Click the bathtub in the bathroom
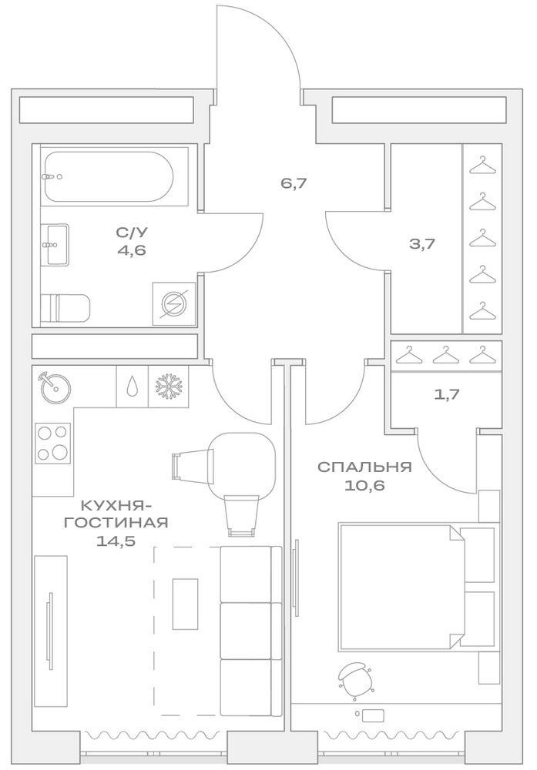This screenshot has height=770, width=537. pos(108,177)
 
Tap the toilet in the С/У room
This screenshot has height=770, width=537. pos(65,307)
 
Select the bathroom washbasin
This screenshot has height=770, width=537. pos(55,244)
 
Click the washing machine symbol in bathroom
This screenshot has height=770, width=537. pos(174,303)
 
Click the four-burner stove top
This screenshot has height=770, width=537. pos(52,443)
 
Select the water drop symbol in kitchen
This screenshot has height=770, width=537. pos(131,387)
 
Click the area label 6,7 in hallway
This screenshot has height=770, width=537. pos(294,184)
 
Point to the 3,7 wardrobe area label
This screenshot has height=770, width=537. pos(422,243)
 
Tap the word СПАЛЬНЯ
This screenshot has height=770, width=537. pos(364,467)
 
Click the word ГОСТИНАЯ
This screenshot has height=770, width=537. pos(116,523)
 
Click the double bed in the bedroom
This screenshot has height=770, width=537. pos(417,588)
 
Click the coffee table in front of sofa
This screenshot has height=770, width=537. pos(185,604)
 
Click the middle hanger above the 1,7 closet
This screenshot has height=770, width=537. pos(445,354)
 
